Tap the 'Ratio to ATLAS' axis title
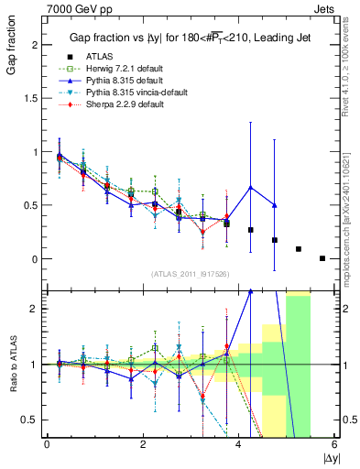[x=11, y=363]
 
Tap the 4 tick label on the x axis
[x=238, y=444]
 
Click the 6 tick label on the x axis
[x=334, y=444]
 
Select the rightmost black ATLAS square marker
[x=322, y=258]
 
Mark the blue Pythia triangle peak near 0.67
[x=250, y=188]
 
